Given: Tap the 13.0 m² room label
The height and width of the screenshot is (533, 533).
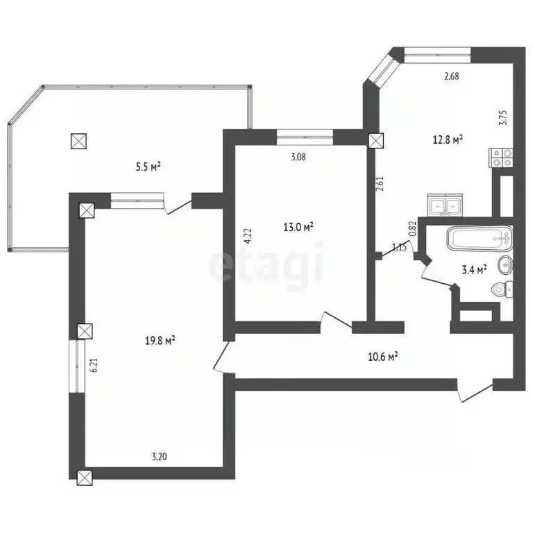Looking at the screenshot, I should (x=300, y=226).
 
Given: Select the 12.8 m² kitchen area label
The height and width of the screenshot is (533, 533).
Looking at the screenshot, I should (x=448, y=139).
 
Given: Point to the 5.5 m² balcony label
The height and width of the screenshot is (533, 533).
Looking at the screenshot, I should (x=148, y=166).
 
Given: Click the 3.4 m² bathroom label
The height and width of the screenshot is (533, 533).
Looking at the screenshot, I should (x=474, y=269).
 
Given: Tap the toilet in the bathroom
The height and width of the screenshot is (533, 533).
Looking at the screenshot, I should (x=501, y=289).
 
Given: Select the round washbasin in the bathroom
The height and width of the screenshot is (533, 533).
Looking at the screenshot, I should (x=506, y=264).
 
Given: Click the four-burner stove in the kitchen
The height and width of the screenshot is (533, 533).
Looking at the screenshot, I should (x=502, y=158).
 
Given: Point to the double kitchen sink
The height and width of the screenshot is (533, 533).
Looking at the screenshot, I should (x=445, y=205).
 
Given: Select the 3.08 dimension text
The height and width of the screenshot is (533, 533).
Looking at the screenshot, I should (x=298, y=157).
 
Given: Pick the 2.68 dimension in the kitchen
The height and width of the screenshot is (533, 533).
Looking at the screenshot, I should (x=452, y=76).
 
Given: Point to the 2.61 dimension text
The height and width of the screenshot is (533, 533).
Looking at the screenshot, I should (x=379, y=185).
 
